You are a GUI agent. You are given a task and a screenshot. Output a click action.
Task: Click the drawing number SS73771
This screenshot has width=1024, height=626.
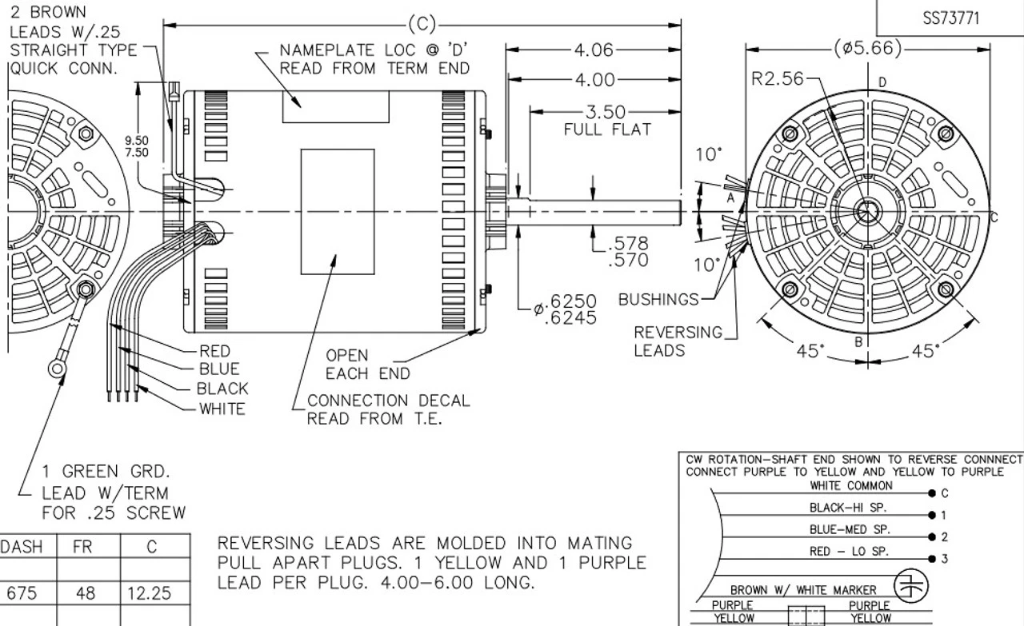pos(950,18)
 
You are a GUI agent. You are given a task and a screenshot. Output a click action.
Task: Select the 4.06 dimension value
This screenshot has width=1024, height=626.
pos(593,50)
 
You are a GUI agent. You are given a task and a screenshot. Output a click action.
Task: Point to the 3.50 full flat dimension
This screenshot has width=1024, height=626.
pos(606,113)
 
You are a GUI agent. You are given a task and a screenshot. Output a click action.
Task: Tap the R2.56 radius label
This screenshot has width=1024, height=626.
pos(776,78)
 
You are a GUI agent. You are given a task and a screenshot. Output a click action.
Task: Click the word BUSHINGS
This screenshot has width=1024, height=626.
pos(658,300)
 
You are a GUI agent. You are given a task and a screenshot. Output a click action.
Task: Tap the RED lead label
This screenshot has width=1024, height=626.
pos(214,351)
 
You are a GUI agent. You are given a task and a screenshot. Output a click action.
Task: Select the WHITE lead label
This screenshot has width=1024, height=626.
pos(222,409)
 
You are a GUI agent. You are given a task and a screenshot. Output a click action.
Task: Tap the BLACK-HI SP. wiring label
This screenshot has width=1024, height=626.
pos(848,507)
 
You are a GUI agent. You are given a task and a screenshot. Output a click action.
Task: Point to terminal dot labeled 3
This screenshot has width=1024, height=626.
pos(932,559)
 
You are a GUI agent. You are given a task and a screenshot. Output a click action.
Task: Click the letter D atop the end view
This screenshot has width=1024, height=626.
pos(882,82)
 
